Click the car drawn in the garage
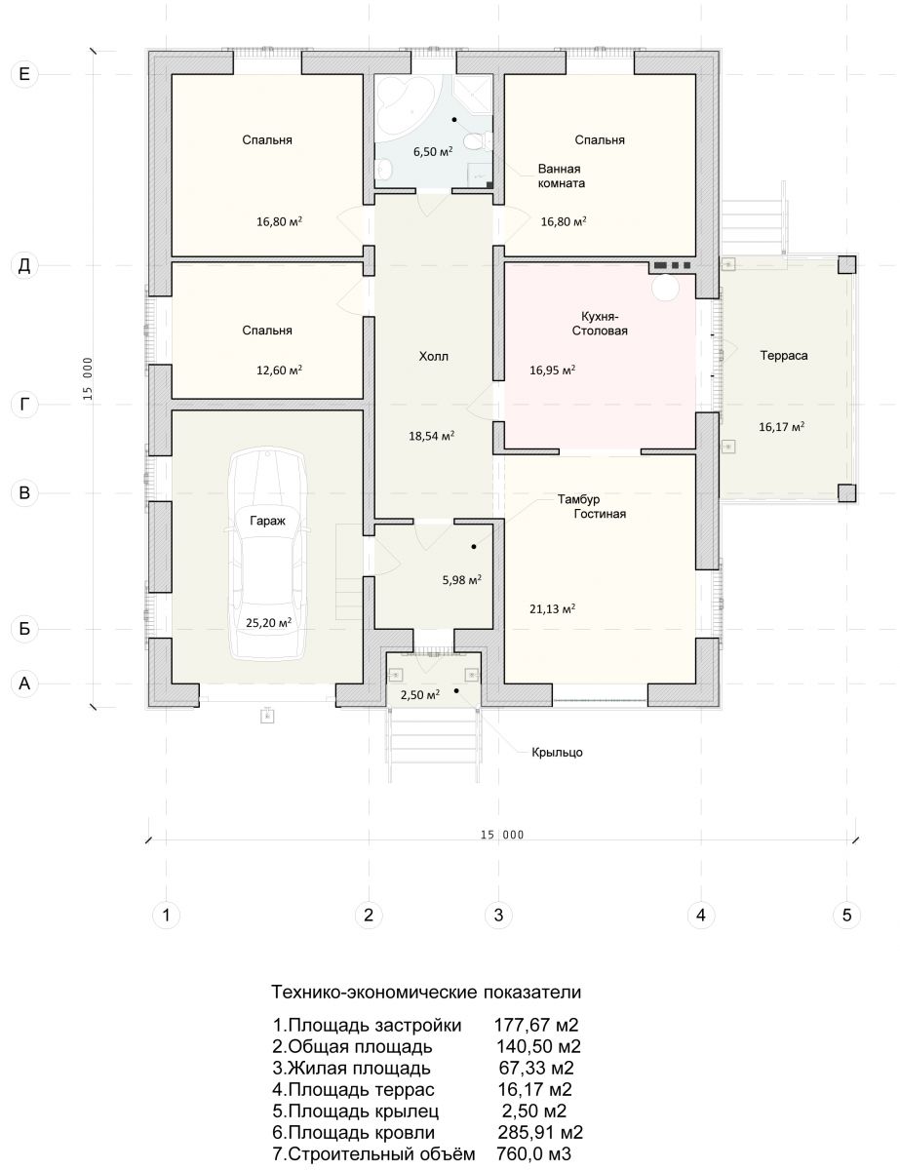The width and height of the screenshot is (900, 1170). (x=267, y=554)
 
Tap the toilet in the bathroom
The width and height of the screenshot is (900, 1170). (x=476, y=141)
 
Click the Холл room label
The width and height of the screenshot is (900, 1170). (x=433, y=356)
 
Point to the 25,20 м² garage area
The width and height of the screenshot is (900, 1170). (x=268, y=622)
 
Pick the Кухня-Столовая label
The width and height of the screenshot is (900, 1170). (x=599, y=323)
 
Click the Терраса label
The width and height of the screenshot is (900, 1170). (x=783, y=355)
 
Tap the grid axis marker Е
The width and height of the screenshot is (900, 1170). (x=24, y=74)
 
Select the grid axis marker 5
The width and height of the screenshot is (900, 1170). (x=846, y=915)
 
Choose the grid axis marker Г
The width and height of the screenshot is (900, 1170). (x=24, y=405)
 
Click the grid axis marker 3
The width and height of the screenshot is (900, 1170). (x=498, y=915)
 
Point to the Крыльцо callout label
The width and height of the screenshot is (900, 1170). (x=557, y=752)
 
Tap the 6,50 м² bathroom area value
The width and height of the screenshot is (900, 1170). (x=433, y=151)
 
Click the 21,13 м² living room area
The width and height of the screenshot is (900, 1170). (x=552, y=608)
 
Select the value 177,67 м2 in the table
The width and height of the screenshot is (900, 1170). (x=536, y=1025)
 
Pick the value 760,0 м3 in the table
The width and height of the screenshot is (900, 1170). (x=533, y=1153)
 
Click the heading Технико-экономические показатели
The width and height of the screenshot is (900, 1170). (x=426, y=992)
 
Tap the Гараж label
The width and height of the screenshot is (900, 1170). (x=267, y=521)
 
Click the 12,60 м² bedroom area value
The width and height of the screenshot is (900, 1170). (x=279, y=370)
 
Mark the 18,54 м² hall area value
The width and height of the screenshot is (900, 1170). (x=431, y=436)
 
